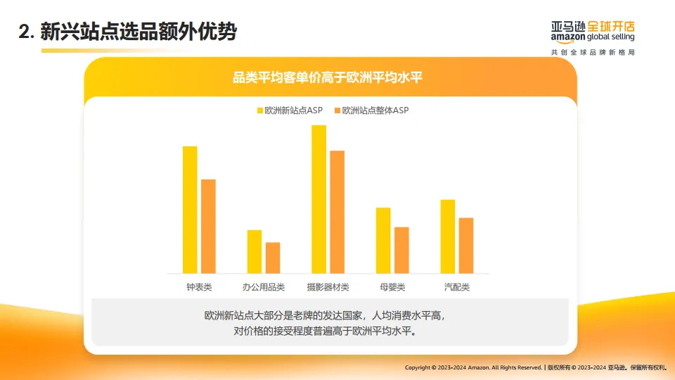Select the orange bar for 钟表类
click(208, 226)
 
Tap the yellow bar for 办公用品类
click(254, 251)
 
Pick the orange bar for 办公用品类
click(272, 258)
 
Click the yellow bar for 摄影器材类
click(319, 199)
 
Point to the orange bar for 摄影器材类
click(337, 212)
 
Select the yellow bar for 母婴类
click(383, 240)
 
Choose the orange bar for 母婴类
click(401, 250)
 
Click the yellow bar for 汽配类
click(447, 236)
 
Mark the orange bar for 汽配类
click(465, 246)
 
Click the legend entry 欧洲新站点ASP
click(290, 110)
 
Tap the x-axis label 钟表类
click(199, 287)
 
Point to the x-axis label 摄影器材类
click(328, 287)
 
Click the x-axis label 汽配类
click(456, 287)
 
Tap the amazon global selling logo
click(593, 32)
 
